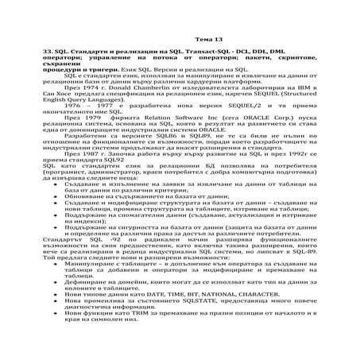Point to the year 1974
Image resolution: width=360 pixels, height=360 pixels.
coord(87,105)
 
